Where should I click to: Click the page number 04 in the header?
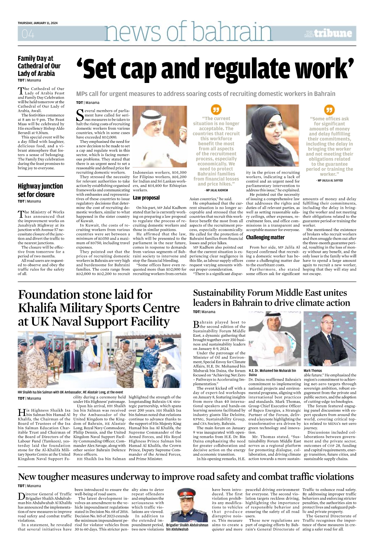tap(28, 34)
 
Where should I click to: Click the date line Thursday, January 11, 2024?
tap(37, 23)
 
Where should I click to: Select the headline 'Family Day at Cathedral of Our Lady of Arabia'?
tap(39, 66)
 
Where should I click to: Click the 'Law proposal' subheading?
tap(146, 198)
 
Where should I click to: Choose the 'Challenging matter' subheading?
tap(265, 237)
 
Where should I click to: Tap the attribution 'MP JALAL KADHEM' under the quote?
tap(216, 190)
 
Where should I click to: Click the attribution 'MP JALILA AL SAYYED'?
tap(329, 181)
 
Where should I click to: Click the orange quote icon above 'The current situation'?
tap(216, 109)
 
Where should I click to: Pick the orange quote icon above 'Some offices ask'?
tap(329, 109)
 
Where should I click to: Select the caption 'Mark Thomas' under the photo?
tap(313, 371)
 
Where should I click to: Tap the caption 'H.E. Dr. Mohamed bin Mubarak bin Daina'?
tap(272, 373)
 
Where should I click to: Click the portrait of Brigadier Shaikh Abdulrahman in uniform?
tap(187, 505)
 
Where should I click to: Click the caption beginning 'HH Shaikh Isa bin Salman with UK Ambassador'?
tap(70, 392)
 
